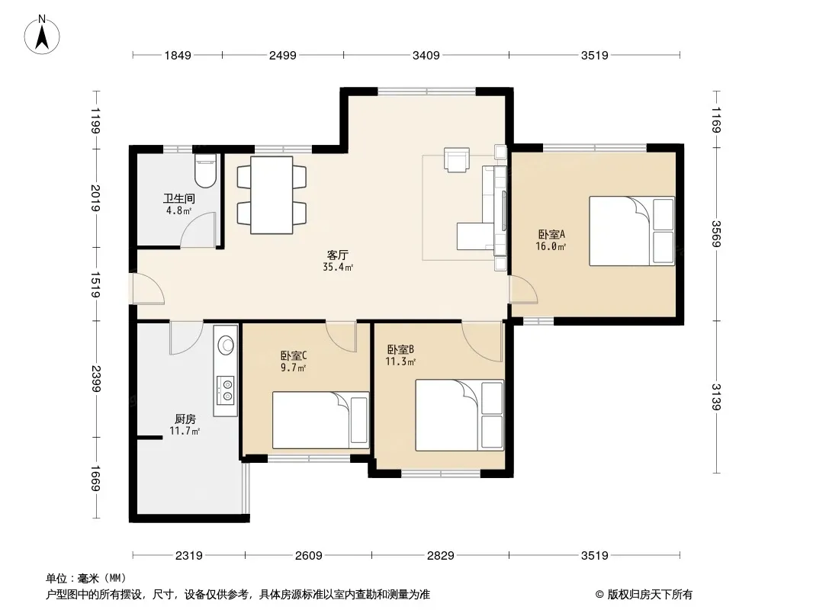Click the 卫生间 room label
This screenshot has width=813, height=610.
(179, 198)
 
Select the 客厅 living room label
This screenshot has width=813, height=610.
(338, 255)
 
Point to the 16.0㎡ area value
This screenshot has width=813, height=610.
(550, 247)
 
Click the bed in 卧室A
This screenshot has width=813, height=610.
(632, 231)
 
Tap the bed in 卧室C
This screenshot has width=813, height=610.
(321, 420)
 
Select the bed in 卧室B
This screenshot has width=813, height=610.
(459, 415)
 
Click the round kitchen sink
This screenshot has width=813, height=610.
(226, 345)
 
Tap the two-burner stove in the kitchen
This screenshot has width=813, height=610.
(226, 390)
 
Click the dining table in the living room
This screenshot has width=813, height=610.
(272, 195)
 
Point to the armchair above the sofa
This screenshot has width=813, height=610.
(457, 159)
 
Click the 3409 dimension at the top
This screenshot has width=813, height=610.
(426, 55)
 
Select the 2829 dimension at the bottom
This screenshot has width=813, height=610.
(440, 556)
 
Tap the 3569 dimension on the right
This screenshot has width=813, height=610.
(716, 234)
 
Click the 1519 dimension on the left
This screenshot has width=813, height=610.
(95, 284)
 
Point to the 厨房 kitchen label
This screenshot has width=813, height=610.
(185, 419)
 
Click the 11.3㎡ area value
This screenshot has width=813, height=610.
(400, 361)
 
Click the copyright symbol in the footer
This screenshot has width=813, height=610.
(599, 595)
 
